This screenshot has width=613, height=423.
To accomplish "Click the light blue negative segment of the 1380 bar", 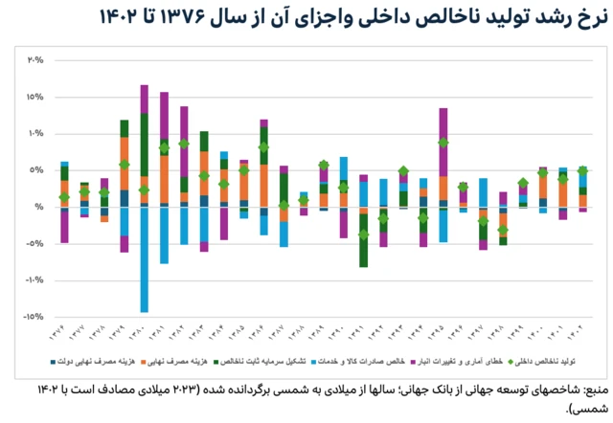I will point(145,259).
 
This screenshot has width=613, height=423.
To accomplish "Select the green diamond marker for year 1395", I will point(443,143).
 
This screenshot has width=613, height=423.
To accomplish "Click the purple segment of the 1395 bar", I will point(443,124).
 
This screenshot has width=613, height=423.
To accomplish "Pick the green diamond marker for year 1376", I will point(64,198).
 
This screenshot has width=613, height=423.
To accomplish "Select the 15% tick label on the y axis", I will point(35,98).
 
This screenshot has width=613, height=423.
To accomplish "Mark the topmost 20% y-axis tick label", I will point(35,60).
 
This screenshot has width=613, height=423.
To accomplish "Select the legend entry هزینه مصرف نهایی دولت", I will point(85,364).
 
